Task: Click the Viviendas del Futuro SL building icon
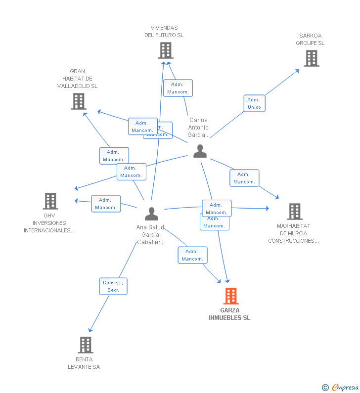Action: click(166, 50)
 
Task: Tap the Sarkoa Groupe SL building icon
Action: click(311, 58)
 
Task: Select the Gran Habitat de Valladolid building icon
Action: click(78, 101)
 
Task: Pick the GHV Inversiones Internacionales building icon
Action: click(50, 201)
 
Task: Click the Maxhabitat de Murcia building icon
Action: click(295, 212)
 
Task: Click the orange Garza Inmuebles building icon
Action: click(230, 296)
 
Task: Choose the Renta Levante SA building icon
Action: click(86, 345)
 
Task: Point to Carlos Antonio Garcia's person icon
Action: click(200, 151)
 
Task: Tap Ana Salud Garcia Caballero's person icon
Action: click(151, 214)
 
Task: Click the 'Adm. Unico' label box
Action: click(254, 103)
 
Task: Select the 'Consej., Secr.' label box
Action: click(113, 286)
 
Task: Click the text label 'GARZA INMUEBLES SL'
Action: click(229, 314)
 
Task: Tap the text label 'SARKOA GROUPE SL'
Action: click(310, 39)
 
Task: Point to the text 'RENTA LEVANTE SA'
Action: click(84, 363)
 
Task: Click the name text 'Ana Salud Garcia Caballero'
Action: click(150, 235)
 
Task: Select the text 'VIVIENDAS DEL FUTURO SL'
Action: click(164, 32)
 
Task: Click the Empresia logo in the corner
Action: click(345, 388)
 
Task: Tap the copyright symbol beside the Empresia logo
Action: click(325, 388)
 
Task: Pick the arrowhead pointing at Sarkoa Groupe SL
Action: click(297, 70)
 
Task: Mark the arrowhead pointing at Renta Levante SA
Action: click(90, 330)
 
